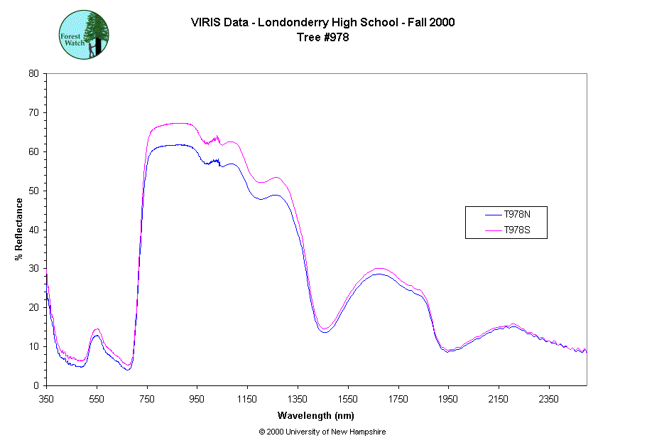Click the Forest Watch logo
click(x=83, y=34)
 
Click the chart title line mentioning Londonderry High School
click(x=322, y=22)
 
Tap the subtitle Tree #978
click(x=322, y=38)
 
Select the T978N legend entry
click(x=516, y=213)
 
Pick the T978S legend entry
click(x=516, y=230)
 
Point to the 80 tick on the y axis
click(x=33, y=73)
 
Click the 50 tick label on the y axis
click(x=33, y=191)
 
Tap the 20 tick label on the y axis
click(x=33, y=307)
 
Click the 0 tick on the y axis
click(x=36, y=385)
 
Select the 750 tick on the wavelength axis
click(x=147, y=399)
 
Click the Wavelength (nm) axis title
click(x=316, y=415)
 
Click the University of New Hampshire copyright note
click(x=322, y=432)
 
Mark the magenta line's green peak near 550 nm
click(x=97, y=329)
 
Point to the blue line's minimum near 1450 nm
click(x=324, y=332)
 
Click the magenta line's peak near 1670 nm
click(x=379, y=269)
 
